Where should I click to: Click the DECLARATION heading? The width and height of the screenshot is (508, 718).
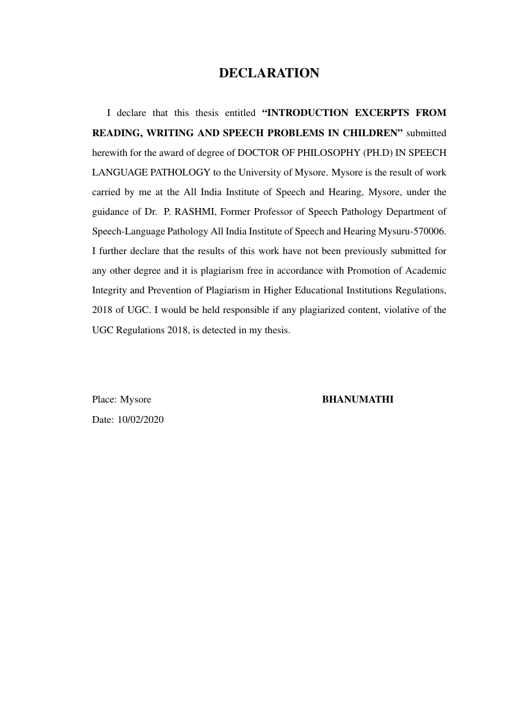click(x=269, y=74)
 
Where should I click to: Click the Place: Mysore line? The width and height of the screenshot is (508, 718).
click(x=122, y=400)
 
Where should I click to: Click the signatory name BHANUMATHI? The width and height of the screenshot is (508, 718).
click(x=358, y=400)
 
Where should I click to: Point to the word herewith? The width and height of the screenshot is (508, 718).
click(x=109, y=152)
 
